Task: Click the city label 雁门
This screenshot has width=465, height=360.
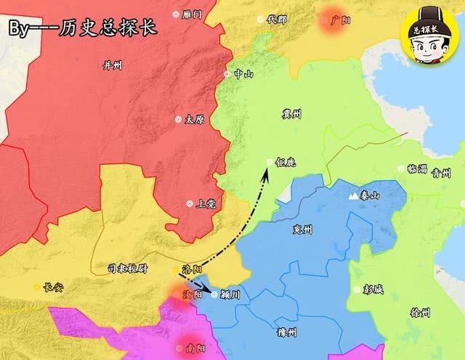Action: coord(192,15)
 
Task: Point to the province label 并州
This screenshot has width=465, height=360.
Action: coord(113,65)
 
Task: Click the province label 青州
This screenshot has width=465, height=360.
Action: coord(441,173)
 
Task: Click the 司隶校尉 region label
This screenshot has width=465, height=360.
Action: coord(127,268)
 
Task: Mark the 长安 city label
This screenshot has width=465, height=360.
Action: coord(53,287)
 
